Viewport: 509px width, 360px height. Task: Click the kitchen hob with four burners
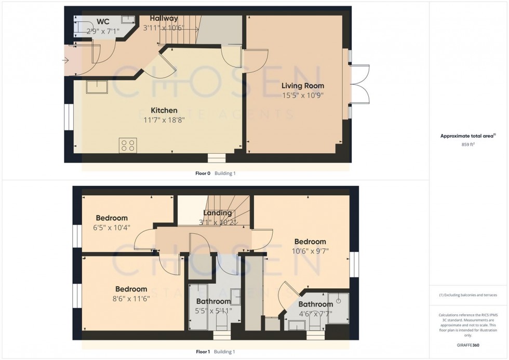point(127,145)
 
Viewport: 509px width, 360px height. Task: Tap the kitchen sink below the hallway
point(97,87)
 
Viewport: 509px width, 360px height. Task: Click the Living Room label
point(303,86)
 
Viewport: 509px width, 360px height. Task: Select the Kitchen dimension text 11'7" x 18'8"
point(164,119)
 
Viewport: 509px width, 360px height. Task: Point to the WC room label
point(102,22)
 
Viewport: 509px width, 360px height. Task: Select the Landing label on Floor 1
point(217,213)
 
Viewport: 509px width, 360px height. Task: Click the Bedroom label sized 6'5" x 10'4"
point(111,218)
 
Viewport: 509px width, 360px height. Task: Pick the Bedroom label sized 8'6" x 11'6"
point(131,289)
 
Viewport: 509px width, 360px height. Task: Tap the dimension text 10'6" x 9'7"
point(310,251)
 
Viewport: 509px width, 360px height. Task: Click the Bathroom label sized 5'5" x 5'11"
point(213,301)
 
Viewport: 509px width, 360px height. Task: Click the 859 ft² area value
point(468,144)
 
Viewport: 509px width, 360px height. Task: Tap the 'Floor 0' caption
point(202,174)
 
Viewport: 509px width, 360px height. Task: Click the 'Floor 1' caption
point(203,352)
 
